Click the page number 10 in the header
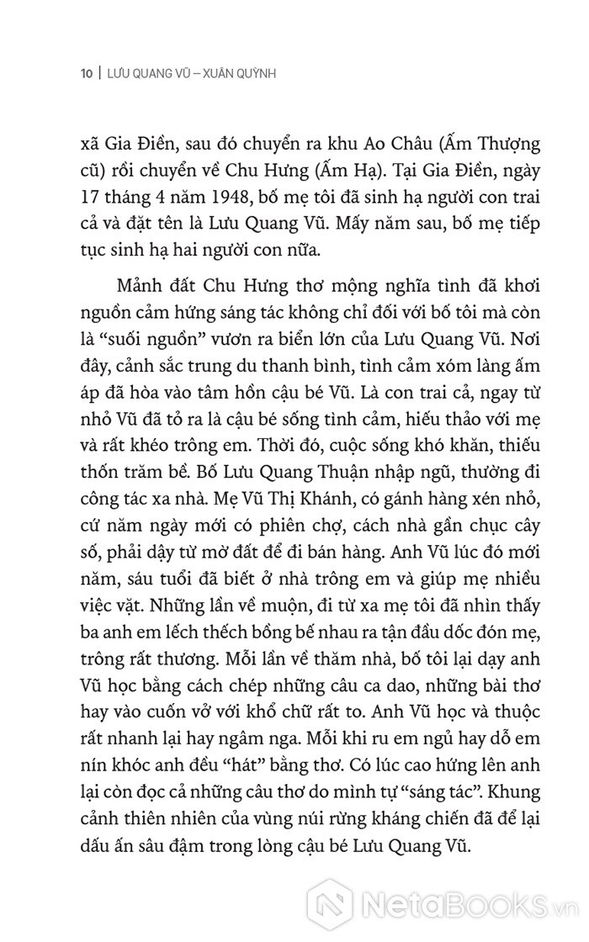[x=85, y=73]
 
